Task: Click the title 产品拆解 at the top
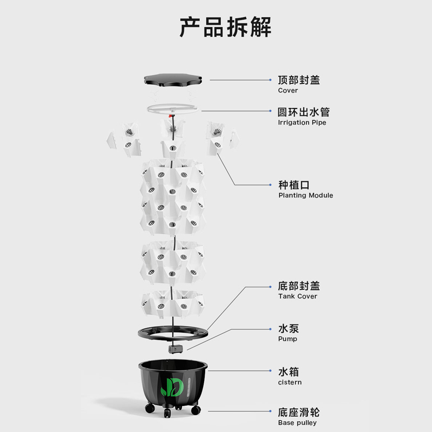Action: [x=225, y=27]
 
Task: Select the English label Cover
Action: [x=288, y=91]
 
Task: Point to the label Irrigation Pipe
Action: [x=302, y=123]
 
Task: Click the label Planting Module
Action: [x=306, y=195]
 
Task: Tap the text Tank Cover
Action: [x=298, y=296]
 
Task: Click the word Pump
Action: [x=287, y=339]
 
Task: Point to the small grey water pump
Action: [x=174, y=349]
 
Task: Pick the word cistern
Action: [x=290, y=382]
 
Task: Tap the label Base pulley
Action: [x=298, y=423]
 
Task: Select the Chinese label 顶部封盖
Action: [x=299, y=80]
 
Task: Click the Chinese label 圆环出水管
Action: [x=303, y=112]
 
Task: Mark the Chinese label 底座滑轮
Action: [x=299, y=413]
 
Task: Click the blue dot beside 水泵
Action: [x=271, y=328]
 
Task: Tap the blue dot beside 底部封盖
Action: [x=271, y=286]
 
